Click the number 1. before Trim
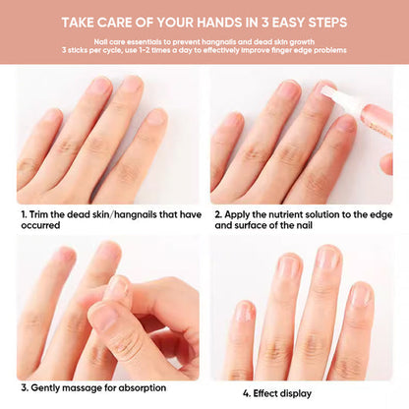point(24,212)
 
